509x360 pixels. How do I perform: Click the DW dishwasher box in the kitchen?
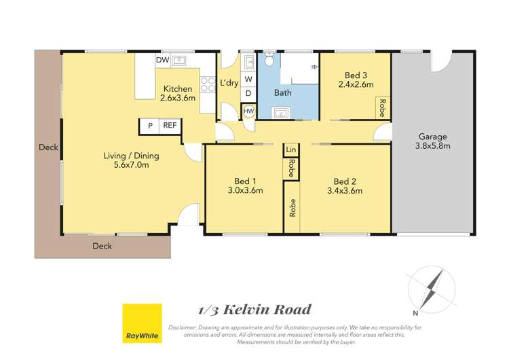(162, 60)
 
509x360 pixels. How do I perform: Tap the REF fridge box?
(169, 126)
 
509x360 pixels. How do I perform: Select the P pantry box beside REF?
(149, 126)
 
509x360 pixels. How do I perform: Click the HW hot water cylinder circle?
(249, 110)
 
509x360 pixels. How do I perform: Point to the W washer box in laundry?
(248, 79)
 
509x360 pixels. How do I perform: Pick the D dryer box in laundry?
(248, 93)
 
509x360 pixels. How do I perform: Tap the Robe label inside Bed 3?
(383, 107)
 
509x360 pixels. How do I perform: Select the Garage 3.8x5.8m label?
(432, 141)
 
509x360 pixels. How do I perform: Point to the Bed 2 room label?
(345, 181)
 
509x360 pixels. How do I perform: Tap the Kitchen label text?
(177, 88)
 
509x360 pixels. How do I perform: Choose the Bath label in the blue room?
(283, 93)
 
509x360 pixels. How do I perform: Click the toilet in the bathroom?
(270, 60)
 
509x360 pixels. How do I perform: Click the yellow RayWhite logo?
(142, 324)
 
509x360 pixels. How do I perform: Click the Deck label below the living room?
(102, 246)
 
